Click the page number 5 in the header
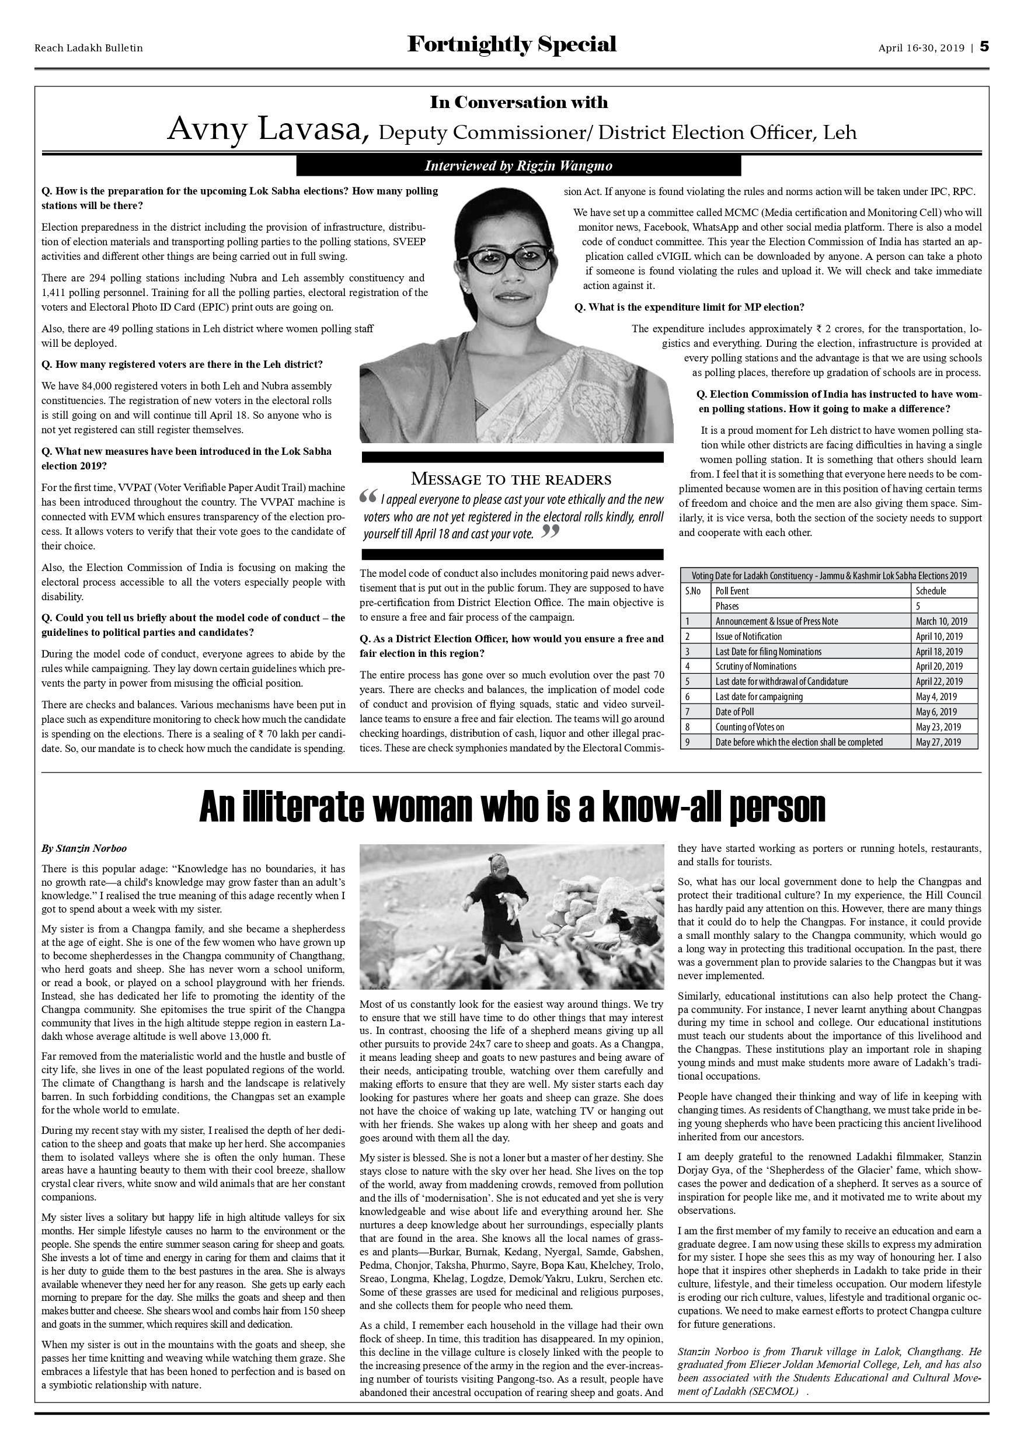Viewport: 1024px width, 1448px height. click(984, 47)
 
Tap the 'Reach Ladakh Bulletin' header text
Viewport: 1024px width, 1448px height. click(88, 48)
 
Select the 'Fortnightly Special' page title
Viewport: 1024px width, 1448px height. click(511, 45)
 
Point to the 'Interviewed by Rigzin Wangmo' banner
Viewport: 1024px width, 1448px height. click(518, 166)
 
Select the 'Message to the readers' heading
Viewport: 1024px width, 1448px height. click(511, 479)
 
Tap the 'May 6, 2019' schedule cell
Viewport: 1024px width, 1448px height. click(936, 712)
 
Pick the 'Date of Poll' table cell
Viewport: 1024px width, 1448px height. click(734, 712)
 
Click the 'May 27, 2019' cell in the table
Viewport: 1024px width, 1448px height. click(938, 742)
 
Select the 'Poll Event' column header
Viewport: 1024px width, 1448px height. click(732, 591)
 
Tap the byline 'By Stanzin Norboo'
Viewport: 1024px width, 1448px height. click(84, 848)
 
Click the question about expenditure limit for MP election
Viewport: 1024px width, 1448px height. click(689, 307)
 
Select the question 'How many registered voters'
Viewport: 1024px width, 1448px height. click(182, 364)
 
